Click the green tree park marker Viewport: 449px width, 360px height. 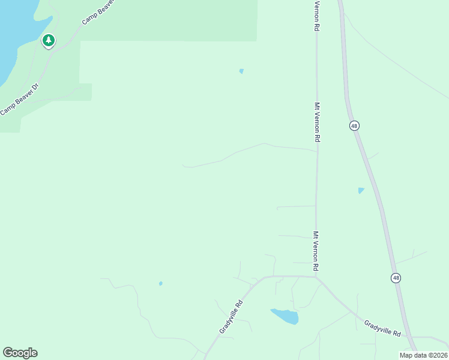49,41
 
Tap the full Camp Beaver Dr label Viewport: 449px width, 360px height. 20,98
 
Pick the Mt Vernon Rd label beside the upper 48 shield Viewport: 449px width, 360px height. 316,122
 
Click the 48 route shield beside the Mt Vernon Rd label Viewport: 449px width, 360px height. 355,125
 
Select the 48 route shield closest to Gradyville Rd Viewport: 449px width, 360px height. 396,278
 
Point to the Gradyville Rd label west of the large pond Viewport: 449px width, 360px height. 231,317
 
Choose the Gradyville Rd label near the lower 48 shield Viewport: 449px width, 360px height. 382,328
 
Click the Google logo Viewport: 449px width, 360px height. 20,353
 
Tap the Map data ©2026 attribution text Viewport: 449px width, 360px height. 423,355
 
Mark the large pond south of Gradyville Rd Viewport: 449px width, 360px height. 285,316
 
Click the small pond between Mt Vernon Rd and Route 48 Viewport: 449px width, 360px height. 361,191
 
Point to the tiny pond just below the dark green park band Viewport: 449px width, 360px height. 241,71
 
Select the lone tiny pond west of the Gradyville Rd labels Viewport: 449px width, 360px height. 160,283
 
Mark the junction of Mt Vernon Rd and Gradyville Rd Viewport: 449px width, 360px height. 316,277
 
